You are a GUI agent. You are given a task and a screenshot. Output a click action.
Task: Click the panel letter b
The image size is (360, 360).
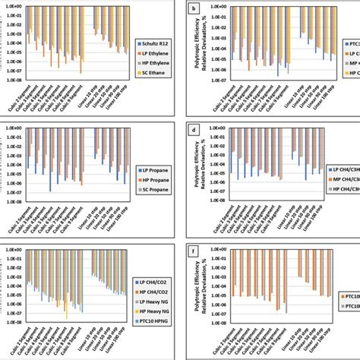pos(196,7)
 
